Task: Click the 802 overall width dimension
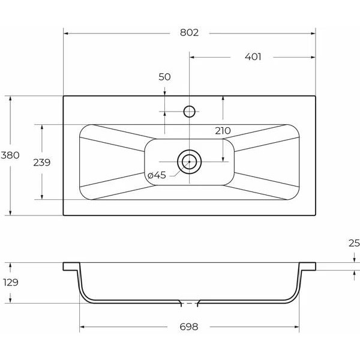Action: pyautogui.click(x=189, y=32)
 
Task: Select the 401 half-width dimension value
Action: pyautogui.click(x=253, y=57)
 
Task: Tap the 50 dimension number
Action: pyautogui.click(x=164, y=77)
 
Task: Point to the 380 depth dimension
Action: pyautogui.click(x=10, y=155)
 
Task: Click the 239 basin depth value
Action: pyautogui.click(x=42, y=163)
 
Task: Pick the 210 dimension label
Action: pyautogui.click(x=223, y=131)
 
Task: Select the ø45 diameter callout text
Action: pyautogui.click(x=157, y=175)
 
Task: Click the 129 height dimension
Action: pyautogui.click(x=11, y=282)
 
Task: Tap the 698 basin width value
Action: pyautogui.click(x=189, y=327)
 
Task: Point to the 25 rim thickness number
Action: pyautogui.click(x=354, y=243)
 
